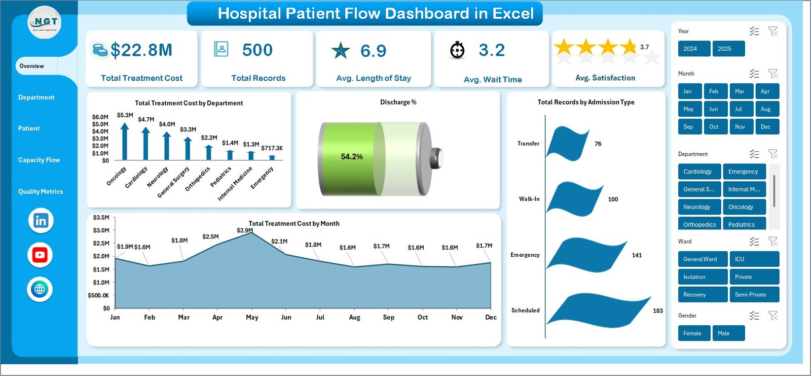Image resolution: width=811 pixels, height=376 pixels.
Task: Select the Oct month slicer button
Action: [x=714, y=127]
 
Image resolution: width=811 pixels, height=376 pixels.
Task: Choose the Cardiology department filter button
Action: [x=698, y=172]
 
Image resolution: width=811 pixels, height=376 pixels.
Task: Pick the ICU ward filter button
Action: [x=754, y=259]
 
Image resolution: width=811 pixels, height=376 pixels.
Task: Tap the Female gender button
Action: [x=693, y=333]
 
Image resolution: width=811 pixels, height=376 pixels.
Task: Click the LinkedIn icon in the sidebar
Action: [x=41, y=221]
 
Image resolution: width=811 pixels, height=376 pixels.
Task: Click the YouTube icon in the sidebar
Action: [x=40, y=255]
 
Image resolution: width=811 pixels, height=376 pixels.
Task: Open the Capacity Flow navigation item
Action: [x=39, y=160]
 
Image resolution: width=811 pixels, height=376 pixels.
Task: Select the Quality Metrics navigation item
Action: [x=41, y=191]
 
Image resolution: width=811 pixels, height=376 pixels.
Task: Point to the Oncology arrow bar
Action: [x=125, y=142]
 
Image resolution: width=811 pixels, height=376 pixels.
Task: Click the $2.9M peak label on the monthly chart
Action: [x=245, y=230]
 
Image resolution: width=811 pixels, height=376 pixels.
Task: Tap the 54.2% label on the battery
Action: [x=352, y=157]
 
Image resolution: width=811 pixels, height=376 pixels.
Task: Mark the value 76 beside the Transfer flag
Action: [x=598, y=144]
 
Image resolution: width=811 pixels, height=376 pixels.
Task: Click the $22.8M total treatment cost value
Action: [x=141, y=50]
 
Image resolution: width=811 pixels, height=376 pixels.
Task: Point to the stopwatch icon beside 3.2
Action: [x=457, y=50]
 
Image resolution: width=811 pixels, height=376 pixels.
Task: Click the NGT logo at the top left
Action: [x=45, y=22]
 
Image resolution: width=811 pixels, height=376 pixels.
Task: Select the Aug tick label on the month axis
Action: [x=354, y=318]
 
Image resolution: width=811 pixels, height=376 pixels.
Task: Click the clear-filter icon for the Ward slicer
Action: [x=773, y=242]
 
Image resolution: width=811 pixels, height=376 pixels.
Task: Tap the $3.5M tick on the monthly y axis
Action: [x=101, y=218]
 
